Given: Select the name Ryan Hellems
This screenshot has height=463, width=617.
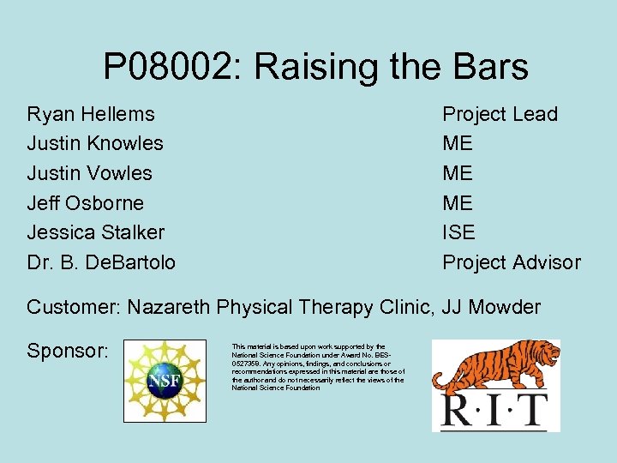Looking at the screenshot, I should pyautogui.click(x=91, y=114).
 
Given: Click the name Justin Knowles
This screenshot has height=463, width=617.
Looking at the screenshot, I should pyautogui.click(x=95, y=143).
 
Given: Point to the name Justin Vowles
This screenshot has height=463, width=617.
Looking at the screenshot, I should pyautogui.click(x=89, y=173).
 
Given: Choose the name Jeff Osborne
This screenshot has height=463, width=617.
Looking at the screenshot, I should pyautogui.click(x=85, y=203).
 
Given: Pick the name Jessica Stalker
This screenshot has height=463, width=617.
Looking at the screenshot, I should pyautogui.click(x=95, y=232).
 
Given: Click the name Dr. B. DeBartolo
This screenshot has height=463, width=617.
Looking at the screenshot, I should pyautogui.click(x=101, y=262).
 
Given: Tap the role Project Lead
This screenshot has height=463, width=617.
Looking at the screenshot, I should pyautogui.click(x=500, y=114).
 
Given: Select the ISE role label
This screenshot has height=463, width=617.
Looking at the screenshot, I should pyautogui.click(x=458, y=232).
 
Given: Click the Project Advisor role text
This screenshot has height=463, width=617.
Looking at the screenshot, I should pyautogui.click(x=511, y=262).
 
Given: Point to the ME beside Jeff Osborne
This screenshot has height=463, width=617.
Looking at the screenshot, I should pyautogui.click(x=457, y=203).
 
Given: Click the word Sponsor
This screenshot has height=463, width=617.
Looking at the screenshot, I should pyautogui.click(x=66, y=352).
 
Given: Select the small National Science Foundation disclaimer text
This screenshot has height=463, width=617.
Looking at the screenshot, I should pyautogui.click(x=318, y=367).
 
